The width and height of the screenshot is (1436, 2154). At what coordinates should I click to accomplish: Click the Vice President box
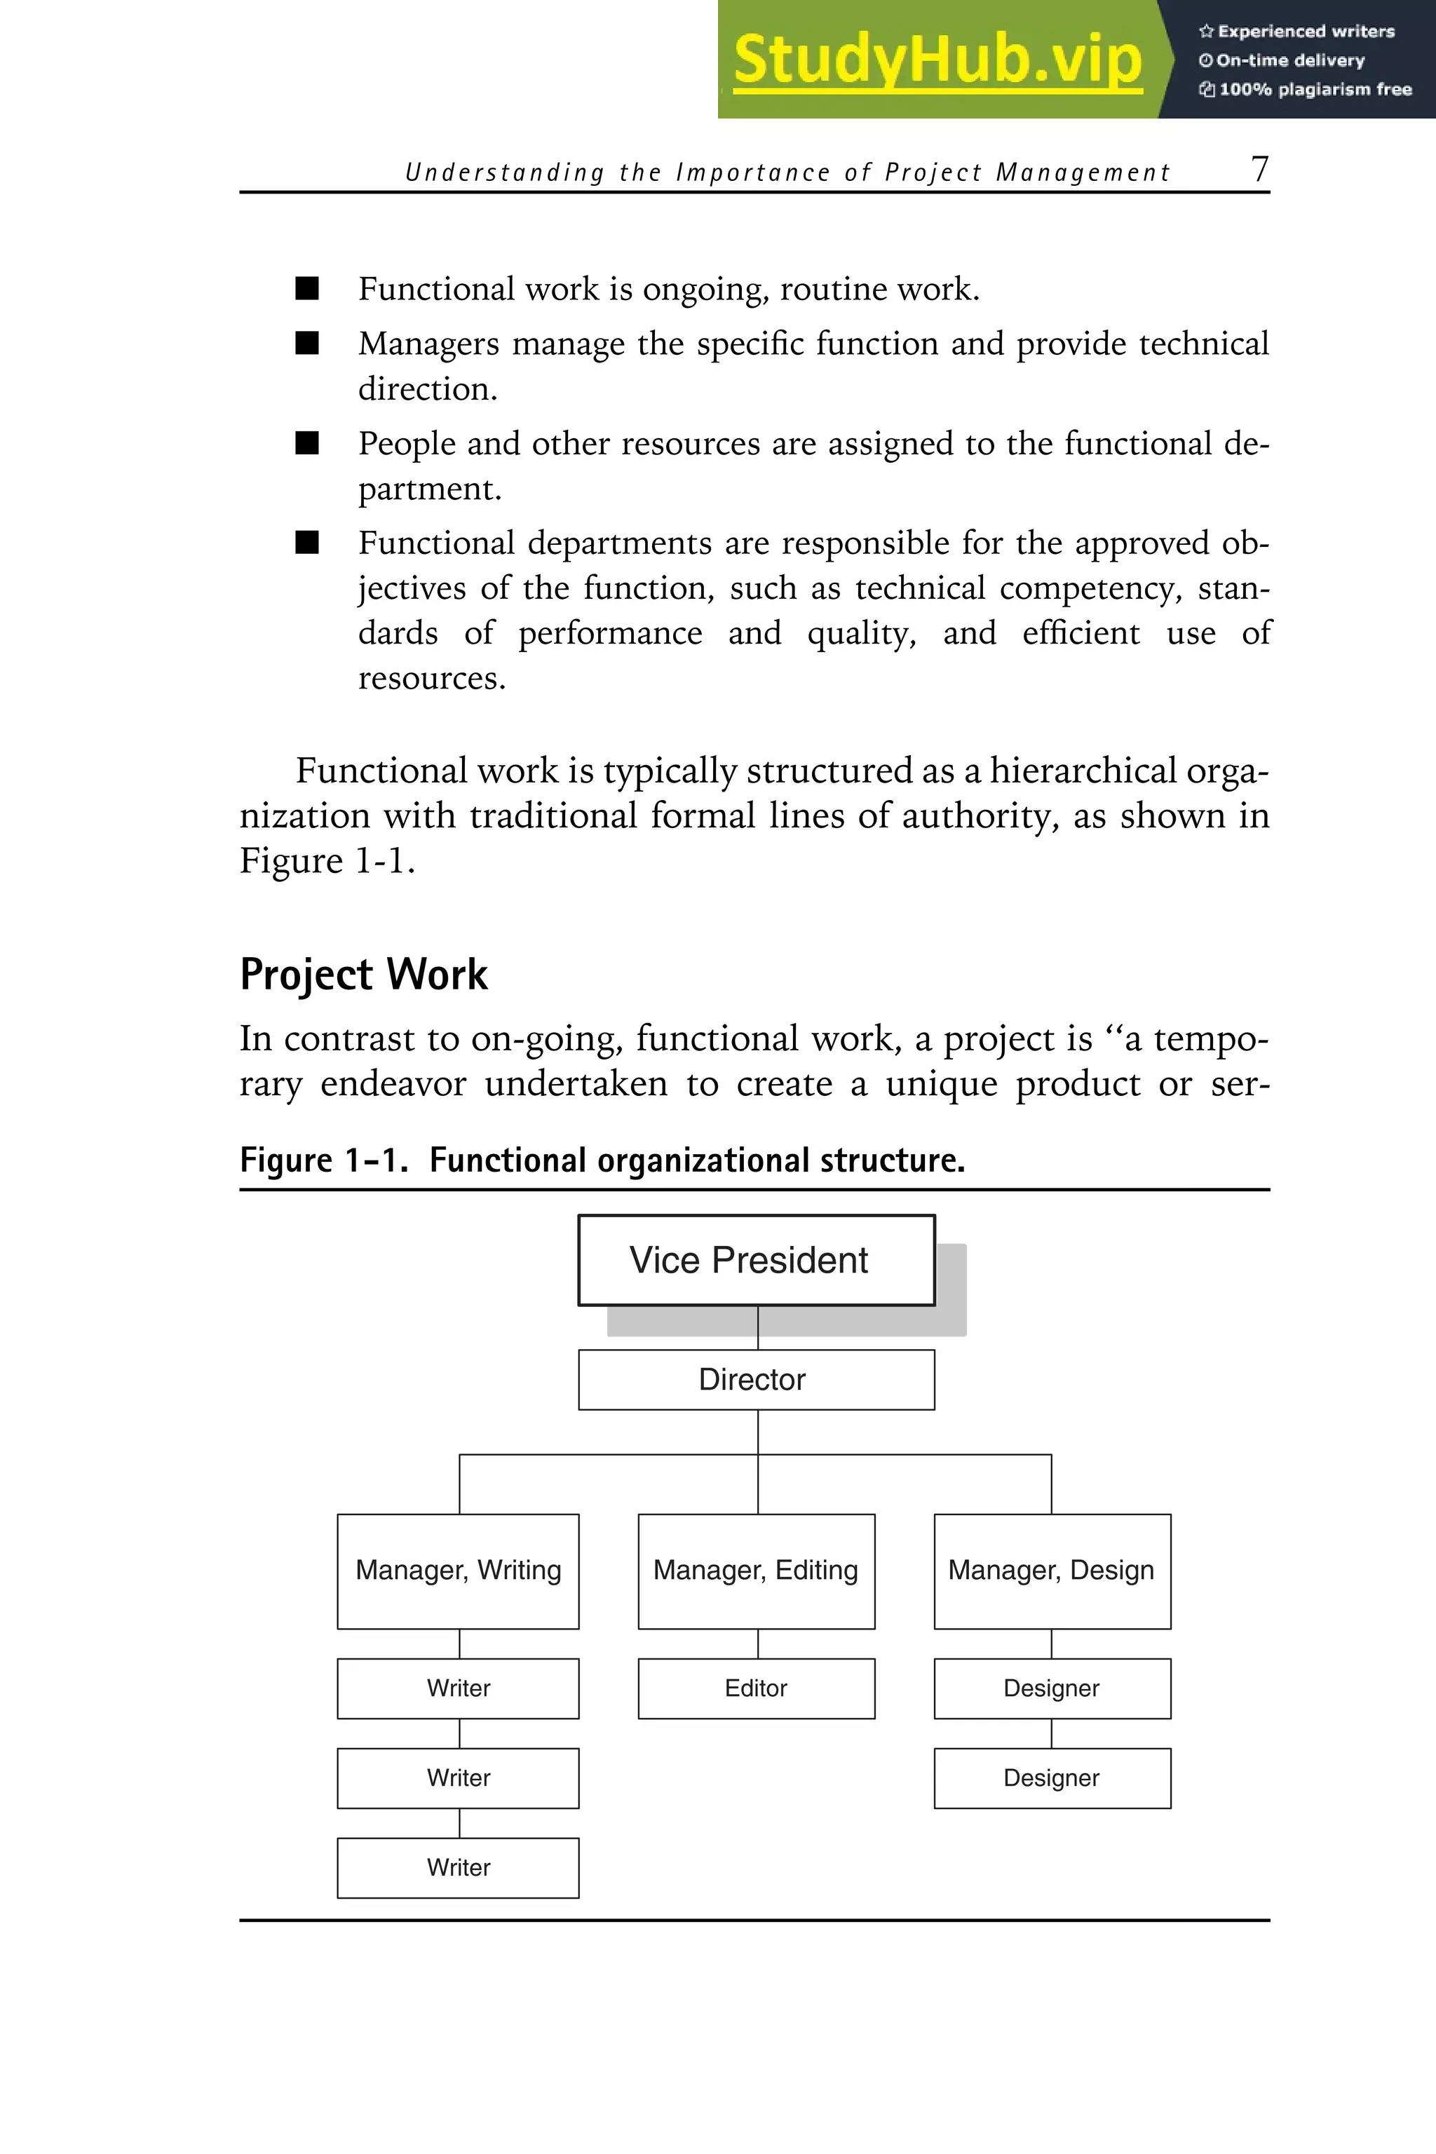coord(756,1259)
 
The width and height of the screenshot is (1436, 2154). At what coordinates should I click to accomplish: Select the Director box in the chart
coord(756,1379)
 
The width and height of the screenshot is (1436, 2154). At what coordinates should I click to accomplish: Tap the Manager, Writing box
coord(458,1571)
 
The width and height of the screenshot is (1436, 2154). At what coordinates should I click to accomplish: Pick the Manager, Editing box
coord(756,1571)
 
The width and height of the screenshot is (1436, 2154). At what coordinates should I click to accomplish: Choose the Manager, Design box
coord(1051,1571)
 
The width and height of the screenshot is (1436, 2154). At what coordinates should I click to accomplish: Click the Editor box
coord(756,1688)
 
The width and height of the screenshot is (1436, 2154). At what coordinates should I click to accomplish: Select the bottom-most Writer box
coord(458,1867)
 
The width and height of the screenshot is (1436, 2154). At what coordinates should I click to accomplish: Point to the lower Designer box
coord(1051,1777)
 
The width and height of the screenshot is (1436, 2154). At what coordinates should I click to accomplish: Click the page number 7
coord(1259,170)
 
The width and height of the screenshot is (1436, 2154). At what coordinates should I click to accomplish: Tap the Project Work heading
coord(364,975)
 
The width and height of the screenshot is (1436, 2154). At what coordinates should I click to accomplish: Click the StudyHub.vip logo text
coord(937,60)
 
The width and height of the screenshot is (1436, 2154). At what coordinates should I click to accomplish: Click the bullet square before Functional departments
coord(307,543)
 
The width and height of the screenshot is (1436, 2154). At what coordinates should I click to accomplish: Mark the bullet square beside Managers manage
coord(307,344)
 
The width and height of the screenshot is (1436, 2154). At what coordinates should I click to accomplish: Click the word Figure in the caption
coord(286,1160)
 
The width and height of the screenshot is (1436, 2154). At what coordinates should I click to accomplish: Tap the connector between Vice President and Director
coord(757,1327)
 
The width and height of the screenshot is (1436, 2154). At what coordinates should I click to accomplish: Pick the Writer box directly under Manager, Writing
coord(458,1688)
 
